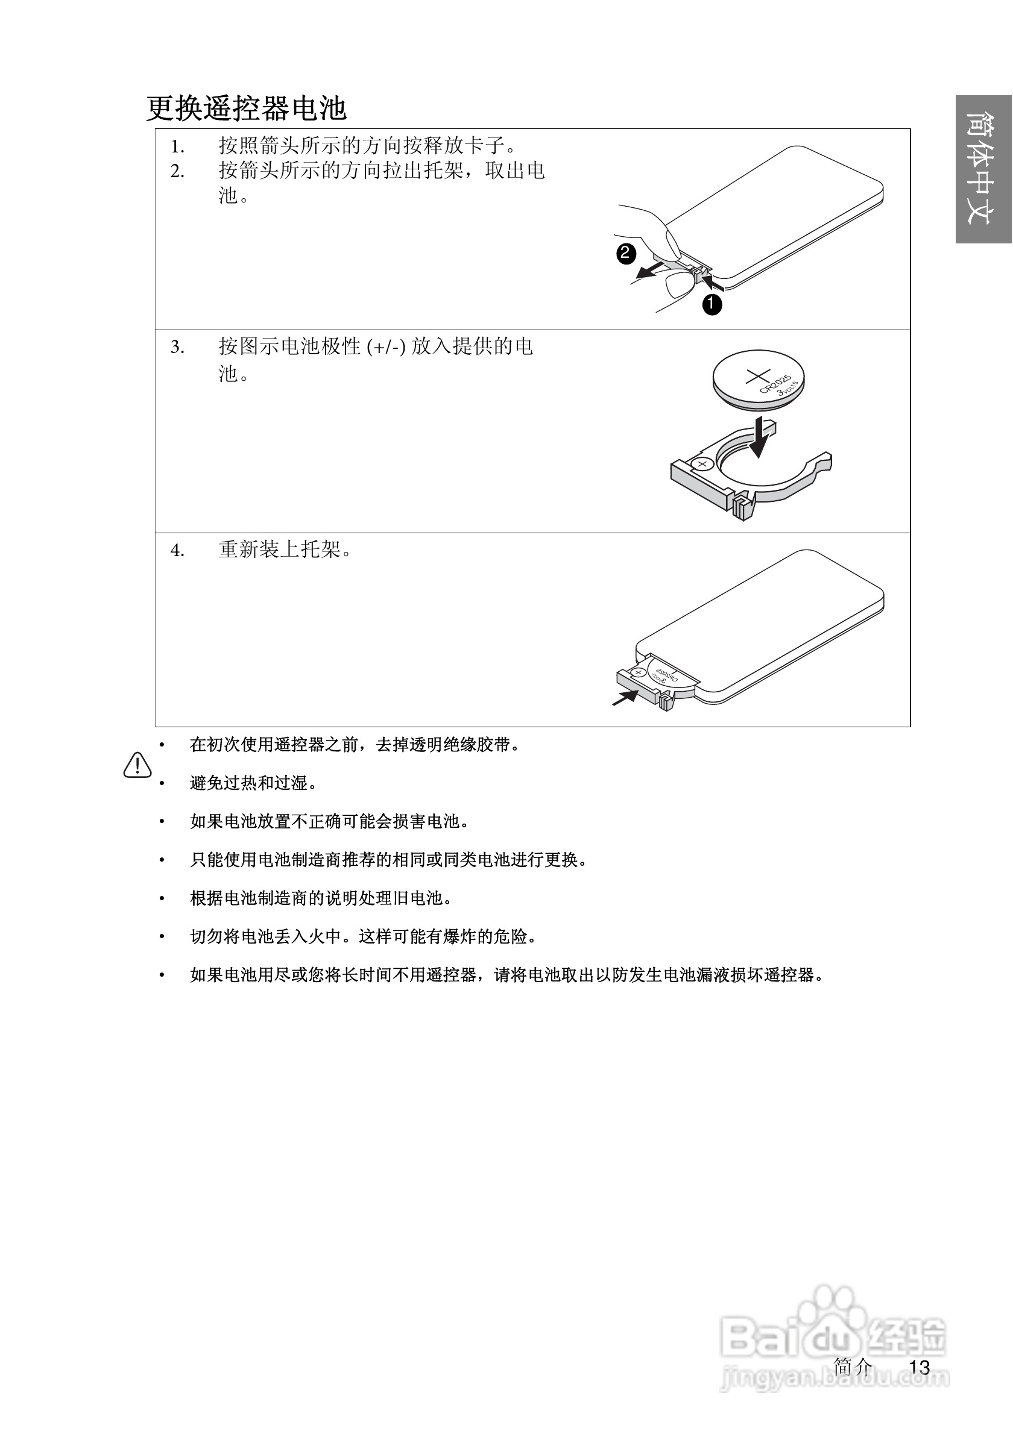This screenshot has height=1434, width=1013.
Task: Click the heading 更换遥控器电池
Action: pos(246,108)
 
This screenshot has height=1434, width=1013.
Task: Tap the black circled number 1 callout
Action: pos(712,305)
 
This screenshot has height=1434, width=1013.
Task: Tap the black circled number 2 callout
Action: pos(625,253)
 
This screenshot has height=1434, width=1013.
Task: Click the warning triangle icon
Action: pos(137,766)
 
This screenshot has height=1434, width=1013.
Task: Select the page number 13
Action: pos(920,1367)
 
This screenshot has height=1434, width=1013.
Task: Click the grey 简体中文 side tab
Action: pos(983,169)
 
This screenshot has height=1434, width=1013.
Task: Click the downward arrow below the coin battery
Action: pos(759,437)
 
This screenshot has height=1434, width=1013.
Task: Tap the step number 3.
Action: pos(177,347)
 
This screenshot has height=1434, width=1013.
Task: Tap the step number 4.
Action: pos(177,551)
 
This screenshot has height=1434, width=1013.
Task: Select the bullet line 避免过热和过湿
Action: pos(253,783)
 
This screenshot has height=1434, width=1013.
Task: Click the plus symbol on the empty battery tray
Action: pos(703,464)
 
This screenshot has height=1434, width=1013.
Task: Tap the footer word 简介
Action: pos(853,1367)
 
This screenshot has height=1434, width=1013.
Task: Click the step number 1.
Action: pos(177,147)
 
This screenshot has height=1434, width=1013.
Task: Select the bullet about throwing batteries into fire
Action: pos(362,937)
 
